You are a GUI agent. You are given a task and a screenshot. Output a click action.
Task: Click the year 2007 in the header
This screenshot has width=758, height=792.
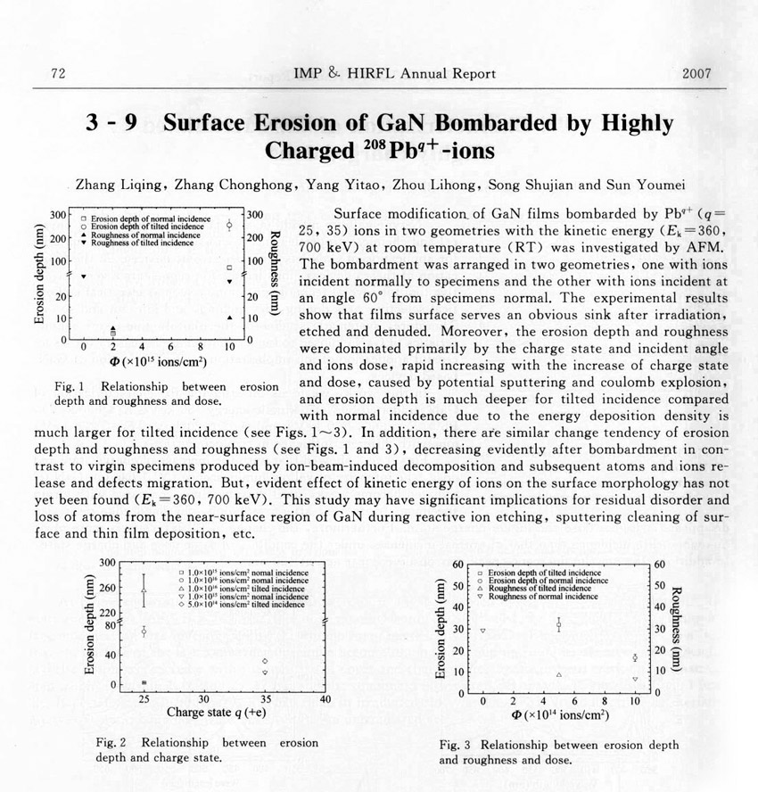point(695,73)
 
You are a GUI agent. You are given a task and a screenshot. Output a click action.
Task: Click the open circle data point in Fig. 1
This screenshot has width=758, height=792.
point(230,226)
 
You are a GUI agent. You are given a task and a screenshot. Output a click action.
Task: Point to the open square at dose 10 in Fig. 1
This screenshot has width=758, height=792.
point(230,268)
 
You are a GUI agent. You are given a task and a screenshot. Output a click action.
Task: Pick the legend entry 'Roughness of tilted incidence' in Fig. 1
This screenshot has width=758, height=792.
point(129,243)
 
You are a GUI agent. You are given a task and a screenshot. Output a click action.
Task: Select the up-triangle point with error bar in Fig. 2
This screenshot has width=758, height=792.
point(144,590)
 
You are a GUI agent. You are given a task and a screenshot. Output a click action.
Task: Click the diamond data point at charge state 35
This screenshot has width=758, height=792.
point(265,661)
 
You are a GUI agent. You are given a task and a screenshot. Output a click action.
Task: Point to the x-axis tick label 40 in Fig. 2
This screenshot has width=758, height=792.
point(325,699)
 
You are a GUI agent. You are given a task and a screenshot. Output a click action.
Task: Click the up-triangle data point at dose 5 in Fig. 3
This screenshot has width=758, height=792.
point(558,674)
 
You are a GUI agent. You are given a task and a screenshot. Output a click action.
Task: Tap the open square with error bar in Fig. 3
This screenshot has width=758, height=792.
point(558,625)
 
